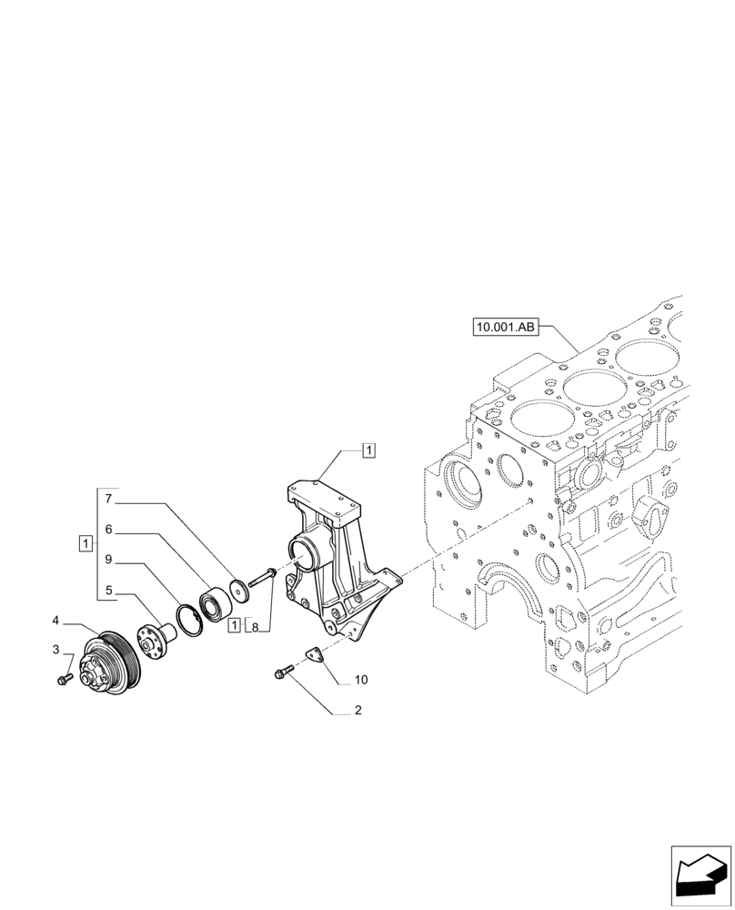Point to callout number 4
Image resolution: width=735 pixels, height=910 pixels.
(56, 621)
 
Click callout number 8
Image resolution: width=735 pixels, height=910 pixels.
(256, 627)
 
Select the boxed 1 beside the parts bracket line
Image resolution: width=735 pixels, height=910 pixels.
(84, 543)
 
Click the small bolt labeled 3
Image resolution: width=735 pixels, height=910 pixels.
(64, 679)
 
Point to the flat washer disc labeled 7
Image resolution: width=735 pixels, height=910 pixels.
(240, 590)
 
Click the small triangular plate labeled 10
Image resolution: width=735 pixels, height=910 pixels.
(315, 654)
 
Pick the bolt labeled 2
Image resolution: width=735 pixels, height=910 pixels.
(281, 673)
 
